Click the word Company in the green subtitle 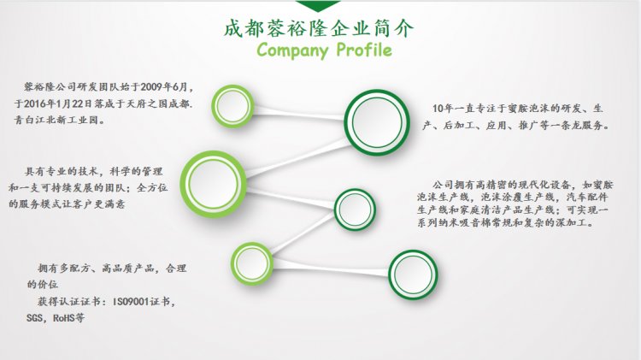[x=292, y=50]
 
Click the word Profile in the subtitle [x=364, y=50]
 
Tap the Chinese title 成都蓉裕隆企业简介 [x=319, y=28]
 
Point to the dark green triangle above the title [x=318, y=6]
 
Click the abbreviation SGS [x=34, y=318]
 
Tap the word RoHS [x=63, y=318]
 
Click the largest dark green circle [x=377, y=123]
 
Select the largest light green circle [x=214, y=184]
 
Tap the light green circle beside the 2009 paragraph [x=232, y=106]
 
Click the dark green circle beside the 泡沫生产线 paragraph [x=355, y=210]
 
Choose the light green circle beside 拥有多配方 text [x=252, y=263]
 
